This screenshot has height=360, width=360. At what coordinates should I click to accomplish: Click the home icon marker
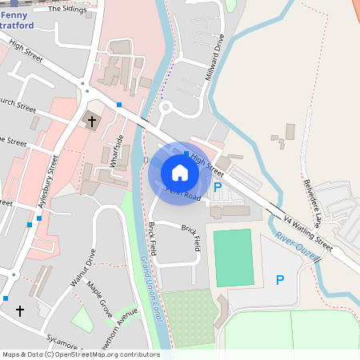coord(180,173)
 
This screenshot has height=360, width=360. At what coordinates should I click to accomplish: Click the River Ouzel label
coord(297,245)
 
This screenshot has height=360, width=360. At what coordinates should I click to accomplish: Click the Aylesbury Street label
coord(46,182)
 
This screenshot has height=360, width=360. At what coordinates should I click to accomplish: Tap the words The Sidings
coord(66,10)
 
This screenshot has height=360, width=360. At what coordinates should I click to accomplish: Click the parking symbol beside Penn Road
coord(217,187)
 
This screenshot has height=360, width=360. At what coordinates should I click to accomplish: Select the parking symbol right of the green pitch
coord(280,280)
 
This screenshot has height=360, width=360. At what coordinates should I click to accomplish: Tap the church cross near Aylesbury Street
coord(92,122)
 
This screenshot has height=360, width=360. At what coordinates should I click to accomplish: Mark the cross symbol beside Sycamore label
coord(20,310)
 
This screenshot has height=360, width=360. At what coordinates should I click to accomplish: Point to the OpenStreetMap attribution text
coord(81,354)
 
